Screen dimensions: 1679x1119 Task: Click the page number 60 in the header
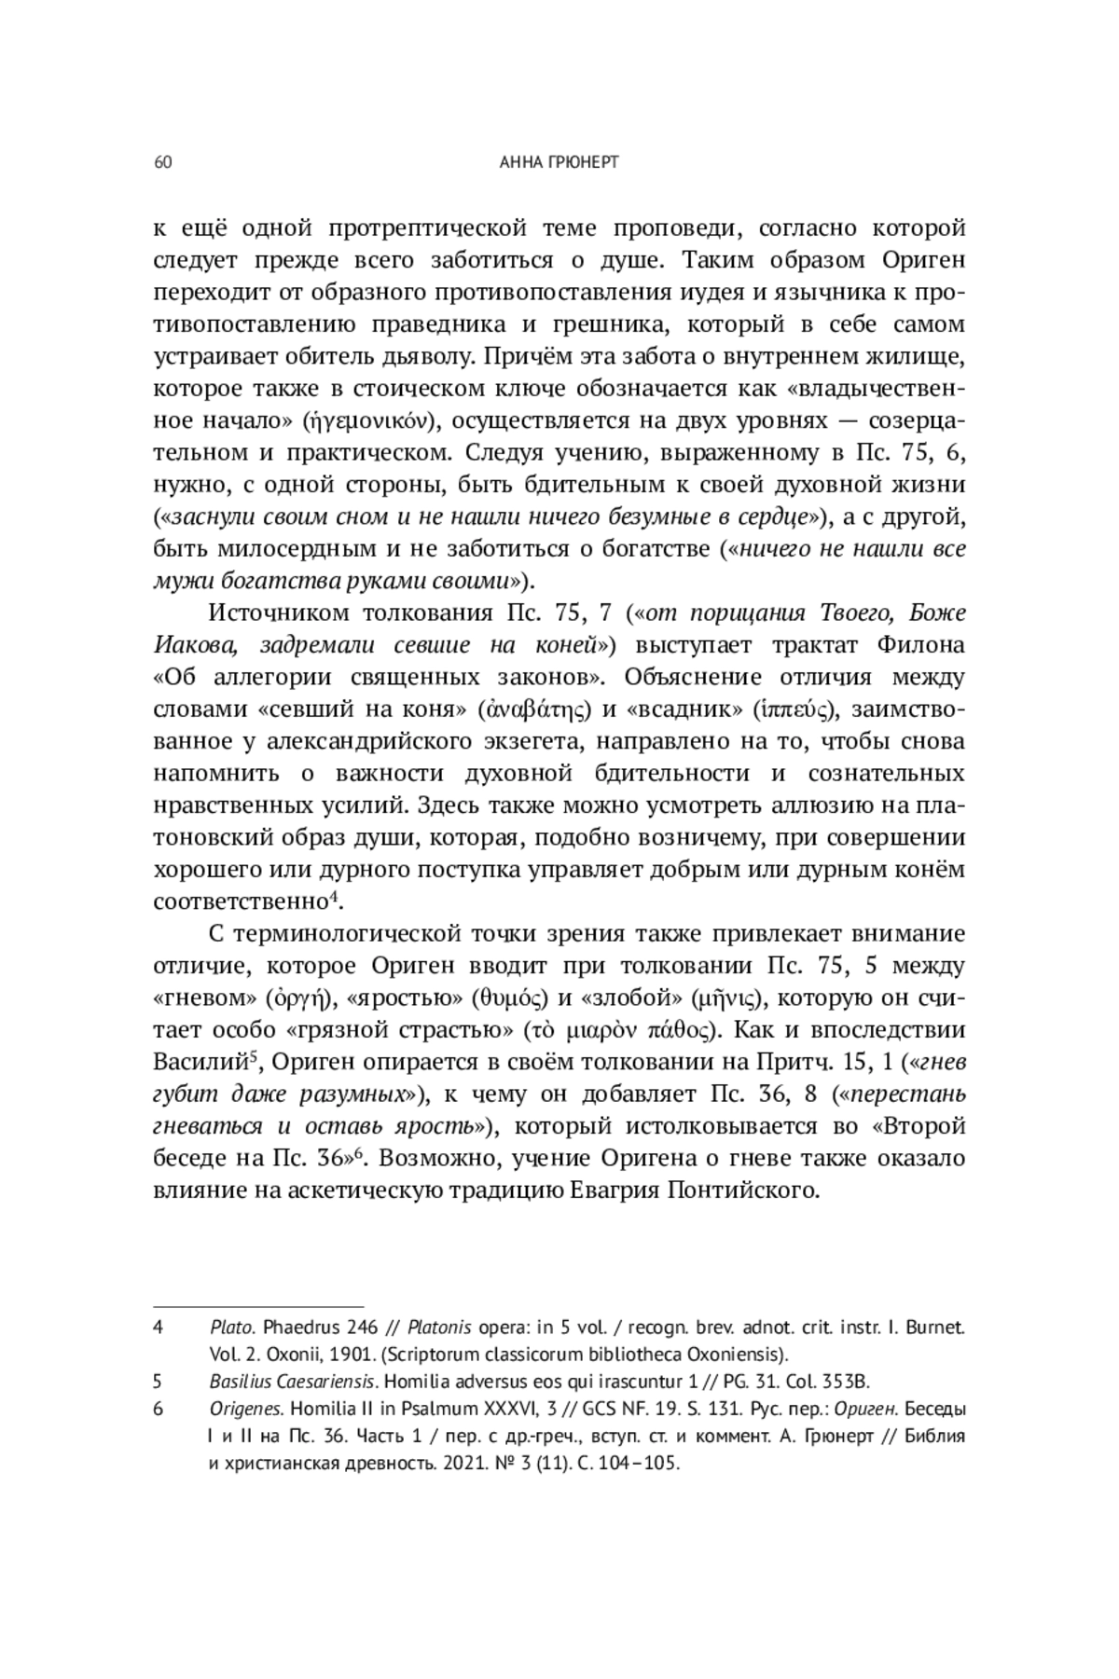(x=162, y=163)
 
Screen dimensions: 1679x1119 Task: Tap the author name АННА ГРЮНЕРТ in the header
(x=559, y=163)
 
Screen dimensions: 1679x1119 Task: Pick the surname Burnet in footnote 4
(x=934, y=1327)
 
